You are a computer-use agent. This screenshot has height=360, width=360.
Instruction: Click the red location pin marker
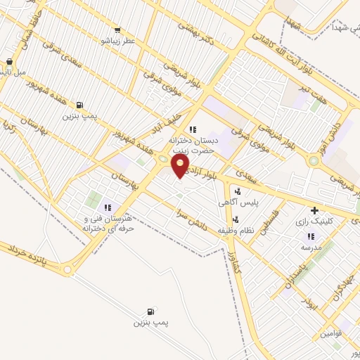[x=181, y=166]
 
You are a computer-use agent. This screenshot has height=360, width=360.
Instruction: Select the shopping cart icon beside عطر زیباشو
[x=117, y=30]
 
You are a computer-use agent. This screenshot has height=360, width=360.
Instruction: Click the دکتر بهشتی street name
[x=193, y=25]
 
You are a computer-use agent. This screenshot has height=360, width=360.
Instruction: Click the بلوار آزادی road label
[x=208, y=172]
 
